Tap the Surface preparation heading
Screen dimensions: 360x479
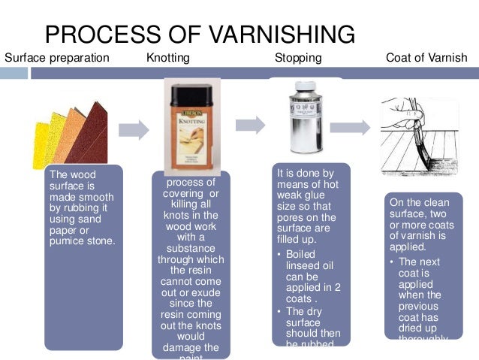(57, 58)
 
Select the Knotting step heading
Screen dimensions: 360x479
(168, 58)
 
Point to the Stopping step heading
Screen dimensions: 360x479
(298, 58)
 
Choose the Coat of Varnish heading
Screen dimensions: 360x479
(426, 58)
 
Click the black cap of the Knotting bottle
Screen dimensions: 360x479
(194, 91)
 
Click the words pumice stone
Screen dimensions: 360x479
(82, 241)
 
